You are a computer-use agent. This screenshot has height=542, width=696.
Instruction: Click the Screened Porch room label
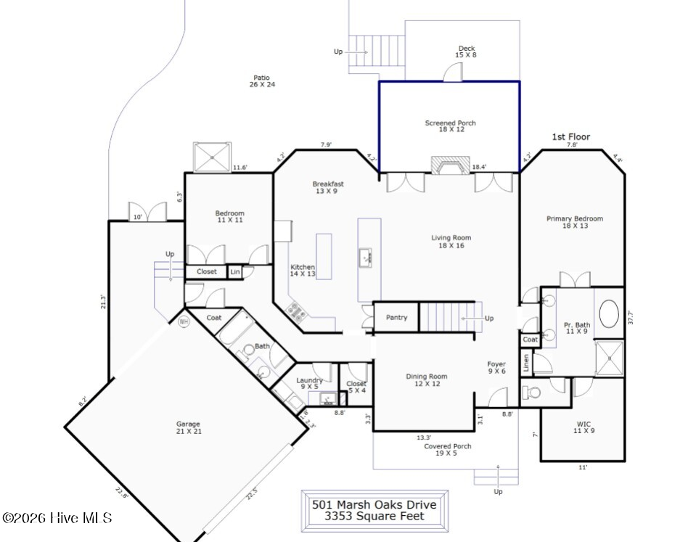[x=450, y=126]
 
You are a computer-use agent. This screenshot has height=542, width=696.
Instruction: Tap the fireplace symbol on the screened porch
[x=451, y=165]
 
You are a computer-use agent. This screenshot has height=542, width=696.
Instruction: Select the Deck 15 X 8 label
[x=466, y=52]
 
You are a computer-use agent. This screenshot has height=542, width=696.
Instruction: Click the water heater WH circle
[x=184, y=321]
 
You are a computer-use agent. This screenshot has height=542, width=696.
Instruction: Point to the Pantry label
[x=396, y=318]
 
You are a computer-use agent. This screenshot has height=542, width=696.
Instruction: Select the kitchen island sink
[x=365, y=256]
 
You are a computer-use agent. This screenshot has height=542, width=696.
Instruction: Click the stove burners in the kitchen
[x=297, y=311]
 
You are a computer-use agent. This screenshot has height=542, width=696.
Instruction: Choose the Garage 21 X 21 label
[x=188, y=427]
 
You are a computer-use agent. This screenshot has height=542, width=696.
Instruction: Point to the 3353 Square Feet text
[x=374, y=517]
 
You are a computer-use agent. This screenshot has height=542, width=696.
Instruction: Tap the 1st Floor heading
[x=571, y=136]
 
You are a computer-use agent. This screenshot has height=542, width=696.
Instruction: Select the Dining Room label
[x=426, y=379]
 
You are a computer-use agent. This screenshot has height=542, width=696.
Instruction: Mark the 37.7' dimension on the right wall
[x=630, y=317]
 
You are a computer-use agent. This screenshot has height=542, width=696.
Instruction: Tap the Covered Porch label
[x=448, y=449]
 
